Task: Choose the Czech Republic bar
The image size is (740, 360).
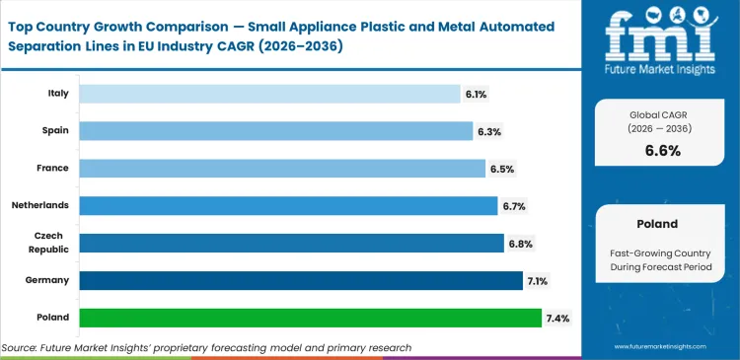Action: [291, 243]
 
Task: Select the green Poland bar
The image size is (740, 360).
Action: [310, 318]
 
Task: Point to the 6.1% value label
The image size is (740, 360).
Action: [477, 94]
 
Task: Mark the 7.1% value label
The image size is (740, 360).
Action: [538, 281]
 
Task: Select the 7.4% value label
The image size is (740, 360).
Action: [557, 318]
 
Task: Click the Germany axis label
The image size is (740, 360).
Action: [48, 280]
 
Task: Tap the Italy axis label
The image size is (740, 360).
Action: [57, 94]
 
